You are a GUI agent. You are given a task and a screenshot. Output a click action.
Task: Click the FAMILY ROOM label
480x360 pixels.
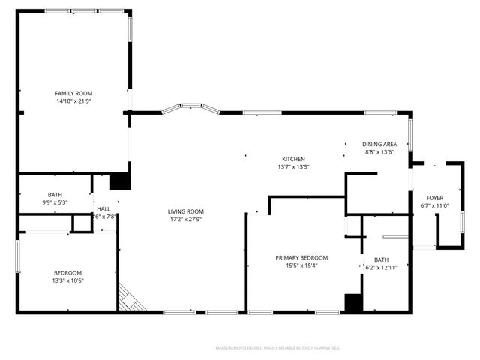click(73, 93)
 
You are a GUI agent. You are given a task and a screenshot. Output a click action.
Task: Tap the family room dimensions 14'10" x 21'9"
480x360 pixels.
click(73, 101)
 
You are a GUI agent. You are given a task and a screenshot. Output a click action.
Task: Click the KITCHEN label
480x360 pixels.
click(293, 159)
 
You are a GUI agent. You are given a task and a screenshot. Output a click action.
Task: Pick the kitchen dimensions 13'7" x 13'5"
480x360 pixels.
click(293, 167)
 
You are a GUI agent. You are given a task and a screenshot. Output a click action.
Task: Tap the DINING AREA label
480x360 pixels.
click(379, 144)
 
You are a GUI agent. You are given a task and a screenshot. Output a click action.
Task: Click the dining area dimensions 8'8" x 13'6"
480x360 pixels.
click(379, 152)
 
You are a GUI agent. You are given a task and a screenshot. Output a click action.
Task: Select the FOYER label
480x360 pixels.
click(435, 198)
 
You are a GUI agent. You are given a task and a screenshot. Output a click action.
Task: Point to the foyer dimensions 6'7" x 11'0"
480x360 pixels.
click(435, 206)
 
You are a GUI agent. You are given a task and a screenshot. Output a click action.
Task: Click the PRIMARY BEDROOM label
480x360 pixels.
click(301, 257)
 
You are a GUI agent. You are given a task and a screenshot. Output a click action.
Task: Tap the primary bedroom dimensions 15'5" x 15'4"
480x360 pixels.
click(301, 265)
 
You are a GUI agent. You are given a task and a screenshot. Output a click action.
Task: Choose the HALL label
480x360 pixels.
click(103, 208)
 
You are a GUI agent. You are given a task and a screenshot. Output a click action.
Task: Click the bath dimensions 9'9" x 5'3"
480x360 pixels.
click(55, 202)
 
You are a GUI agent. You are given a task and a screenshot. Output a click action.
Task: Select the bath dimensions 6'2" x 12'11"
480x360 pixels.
click(371, 268)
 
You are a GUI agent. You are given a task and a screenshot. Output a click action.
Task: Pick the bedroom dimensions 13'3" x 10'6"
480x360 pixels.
click(67, 280)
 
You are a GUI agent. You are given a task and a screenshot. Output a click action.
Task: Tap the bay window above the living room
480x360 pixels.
click(190, 109)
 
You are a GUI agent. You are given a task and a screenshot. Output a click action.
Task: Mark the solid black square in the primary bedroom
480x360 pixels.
click(353, 302)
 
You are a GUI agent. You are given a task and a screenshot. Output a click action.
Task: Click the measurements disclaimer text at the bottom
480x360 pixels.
click(277, 348)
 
